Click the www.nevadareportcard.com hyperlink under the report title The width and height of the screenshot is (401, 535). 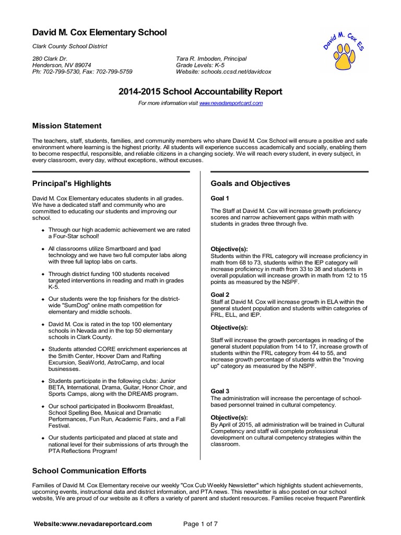(231, 103)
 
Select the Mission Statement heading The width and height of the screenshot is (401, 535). (67, 126)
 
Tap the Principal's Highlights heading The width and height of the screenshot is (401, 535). (72, 183)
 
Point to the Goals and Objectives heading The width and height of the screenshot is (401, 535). (250, 183)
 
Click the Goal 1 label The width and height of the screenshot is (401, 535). (220, 199)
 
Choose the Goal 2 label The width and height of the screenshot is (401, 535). (220, 295)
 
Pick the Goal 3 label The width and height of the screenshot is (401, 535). (220, 391)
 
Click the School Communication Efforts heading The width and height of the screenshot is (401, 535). (89, 471)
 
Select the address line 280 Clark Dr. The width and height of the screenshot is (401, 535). (50, 59)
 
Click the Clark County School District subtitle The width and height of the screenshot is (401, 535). (70, 46)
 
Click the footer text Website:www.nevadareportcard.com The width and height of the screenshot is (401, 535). (92, 524)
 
